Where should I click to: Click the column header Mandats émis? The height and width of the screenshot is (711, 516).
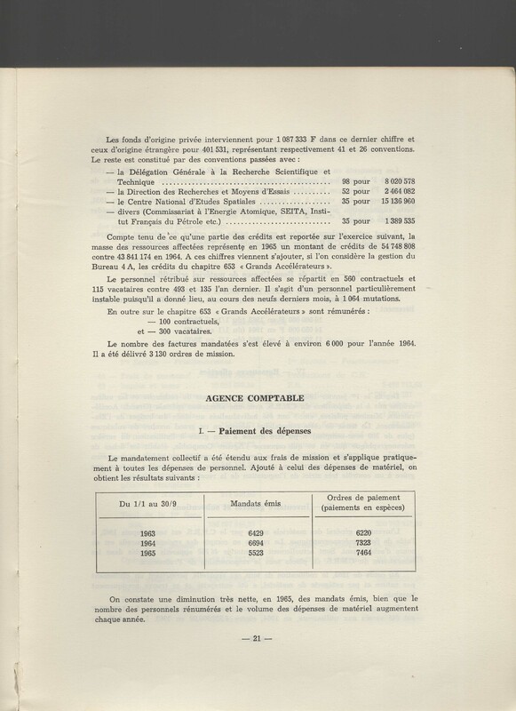coord(254,504)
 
